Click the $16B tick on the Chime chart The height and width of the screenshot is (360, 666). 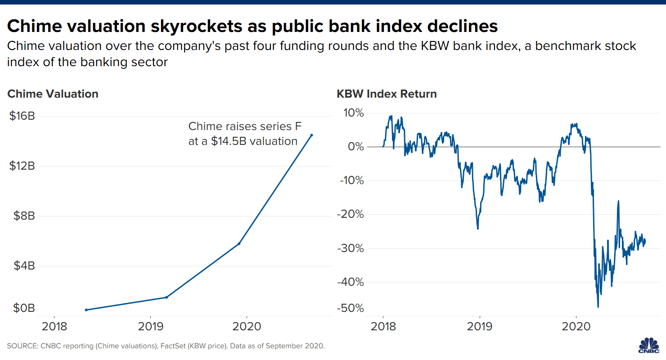[22, 116]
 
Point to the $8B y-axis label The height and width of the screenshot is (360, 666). [22, 216]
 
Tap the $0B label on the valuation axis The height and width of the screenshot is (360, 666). [22, 308]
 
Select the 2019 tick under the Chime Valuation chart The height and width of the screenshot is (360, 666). [150, 326]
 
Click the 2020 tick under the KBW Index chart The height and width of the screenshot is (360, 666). [576, 326]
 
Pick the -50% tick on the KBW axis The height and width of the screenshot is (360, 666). [350, 308]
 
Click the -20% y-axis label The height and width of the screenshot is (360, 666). [350, 214]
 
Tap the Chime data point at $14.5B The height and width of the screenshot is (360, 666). [311, 135]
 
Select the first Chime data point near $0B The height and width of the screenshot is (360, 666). [86, 310]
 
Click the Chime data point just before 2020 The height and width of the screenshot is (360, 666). [239, 243]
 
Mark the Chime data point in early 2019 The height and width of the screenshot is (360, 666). [166, 297]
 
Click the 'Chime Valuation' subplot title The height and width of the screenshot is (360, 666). [53, 94]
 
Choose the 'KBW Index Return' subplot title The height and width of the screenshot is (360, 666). [387, 94]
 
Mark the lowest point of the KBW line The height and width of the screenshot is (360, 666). [598, 307]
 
